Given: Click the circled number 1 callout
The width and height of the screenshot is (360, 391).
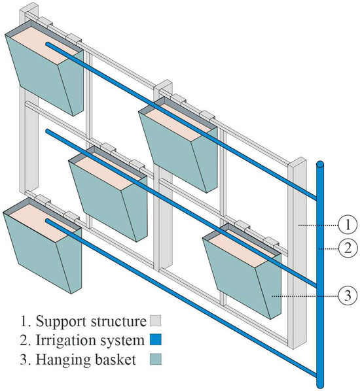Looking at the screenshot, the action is click(x=348, y=225).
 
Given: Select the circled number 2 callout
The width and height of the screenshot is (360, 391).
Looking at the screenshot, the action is click(x=348, y=248).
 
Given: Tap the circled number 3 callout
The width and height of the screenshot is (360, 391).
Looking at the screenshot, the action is click(x=348, y=296).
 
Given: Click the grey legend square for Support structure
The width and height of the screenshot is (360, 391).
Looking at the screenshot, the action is click(x=156, y=321).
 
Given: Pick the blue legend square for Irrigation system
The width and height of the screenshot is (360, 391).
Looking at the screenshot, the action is click(x=156, y=339).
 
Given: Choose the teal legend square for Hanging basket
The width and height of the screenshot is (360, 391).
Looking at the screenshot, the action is click(x=156, y=360).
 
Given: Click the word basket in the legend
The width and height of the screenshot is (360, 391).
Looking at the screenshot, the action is click(x=115, y=360).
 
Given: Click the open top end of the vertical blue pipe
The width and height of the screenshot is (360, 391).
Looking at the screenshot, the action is click(x=320, y=164).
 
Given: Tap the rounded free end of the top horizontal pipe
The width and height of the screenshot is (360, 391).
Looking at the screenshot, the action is click(x=47, y=44).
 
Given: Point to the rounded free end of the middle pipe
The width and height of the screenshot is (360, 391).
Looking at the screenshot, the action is click(x=47, y=131).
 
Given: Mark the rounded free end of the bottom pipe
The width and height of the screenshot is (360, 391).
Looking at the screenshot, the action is click(x=47, y=221).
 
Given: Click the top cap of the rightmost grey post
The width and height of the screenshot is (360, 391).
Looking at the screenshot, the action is click(x=298, y=161).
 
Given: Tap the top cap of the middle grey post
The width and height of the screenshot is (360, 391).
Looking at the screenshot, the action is click(x=164, y=84).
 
